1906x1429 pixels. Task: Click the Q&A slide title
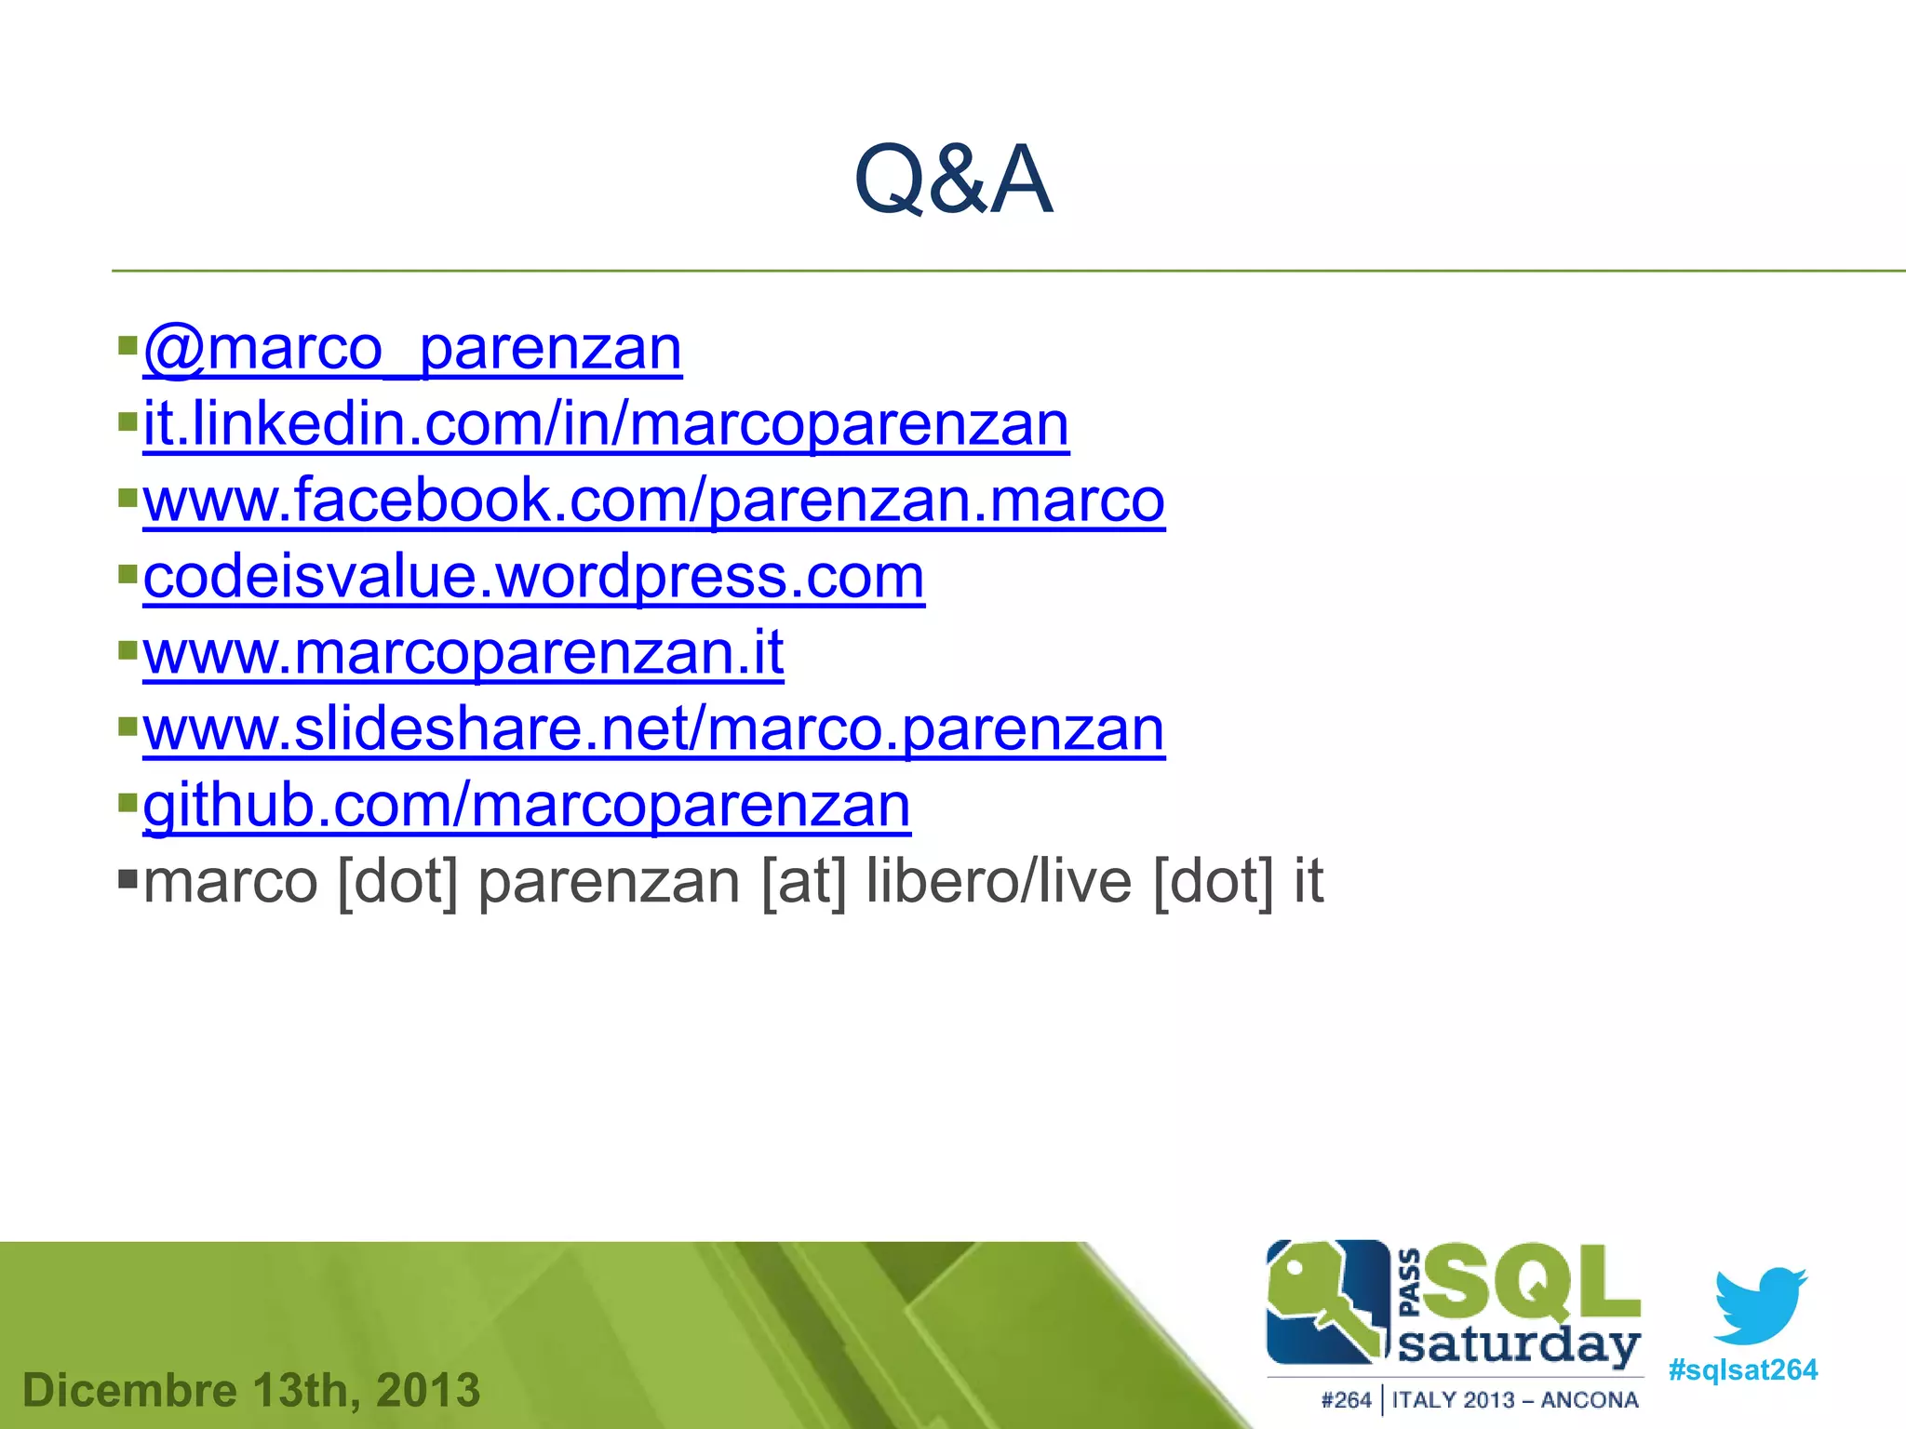click(953, 179)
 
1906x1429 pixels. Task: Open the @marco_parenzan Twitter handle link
click(412, 349)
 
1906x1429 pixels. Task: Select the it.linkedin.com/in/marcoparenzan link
click(606, 425)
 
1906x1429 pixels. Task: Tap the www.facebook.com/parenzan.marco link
click(653, 501)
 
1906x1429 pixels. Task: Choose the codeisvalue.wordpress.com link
click(533, 577)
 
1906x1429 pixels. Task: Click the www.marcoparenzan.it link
click(463, 653)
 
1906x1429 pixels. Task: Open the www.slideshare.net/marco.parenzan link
click(653, 729)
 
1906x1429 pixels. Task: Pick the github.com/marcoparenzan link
click(527, 806)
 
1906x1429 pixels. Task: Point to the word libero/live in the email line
click(998, 881)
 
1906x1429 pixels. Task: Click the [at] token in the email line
click(804, 881)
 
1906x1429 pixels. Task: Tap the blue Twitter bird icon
click(1760, 1304)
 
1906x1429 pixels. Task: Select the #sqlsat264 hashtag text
click(1742, 1370)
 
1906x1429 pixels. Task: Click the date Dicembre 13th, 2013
click(251, 1390)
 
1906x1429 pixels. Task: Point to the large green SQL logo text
click(1531, 1284)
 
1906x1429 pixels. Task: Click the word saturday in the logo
click(1519, 1347)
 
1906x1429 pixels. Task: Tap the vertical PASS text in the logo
click(1409, 1283)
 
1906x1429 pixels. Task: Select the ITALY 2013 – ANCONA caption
click(1515, 1400)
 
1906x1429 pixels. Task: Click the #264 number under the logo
click(1346, 1400)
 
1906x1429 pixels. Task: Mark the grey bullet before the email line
click(128, 877)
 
